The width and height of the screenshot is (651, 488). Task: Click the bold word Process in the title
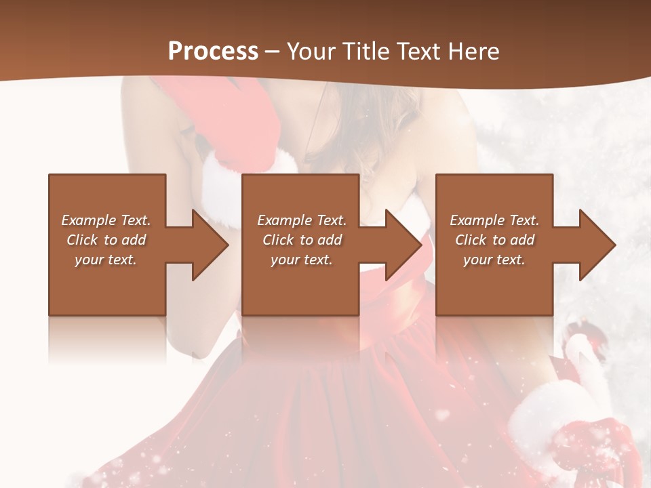click(213, 51)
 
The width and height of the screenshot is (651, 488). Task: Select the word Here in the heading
click(473, 51)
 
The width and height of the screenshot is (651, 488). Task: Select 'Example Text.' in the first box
click(106, 220)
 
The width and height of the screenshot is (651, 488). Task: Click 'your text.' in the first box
click(106, 260)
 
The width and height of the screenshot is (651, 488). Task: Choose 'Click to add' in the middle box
click(302, 240)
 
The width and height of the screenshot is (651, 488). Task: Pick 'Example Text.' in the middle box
click(302, 220)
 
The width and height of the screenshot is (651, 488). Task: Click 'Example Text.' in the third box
click(494, 220)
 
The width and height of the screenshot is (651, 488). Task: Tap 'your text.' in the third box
click(494, 260)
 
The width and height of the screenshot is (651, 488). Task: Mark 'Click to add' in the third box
click(494, 240)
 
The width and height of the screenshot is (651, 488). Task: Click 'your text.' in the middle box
click(302, 260)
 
